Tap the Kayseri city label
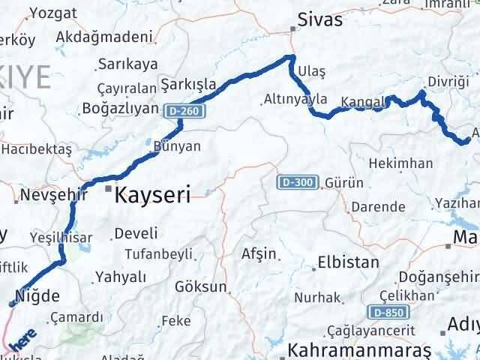point(153,195)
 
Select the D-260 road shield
point(183,110)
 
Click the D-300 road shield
point(298,182)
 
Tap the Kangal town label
point(362,101)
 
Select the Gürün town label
point(344,183)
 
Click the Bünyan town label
point(176,146)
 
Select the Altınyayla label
point(295,98)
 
